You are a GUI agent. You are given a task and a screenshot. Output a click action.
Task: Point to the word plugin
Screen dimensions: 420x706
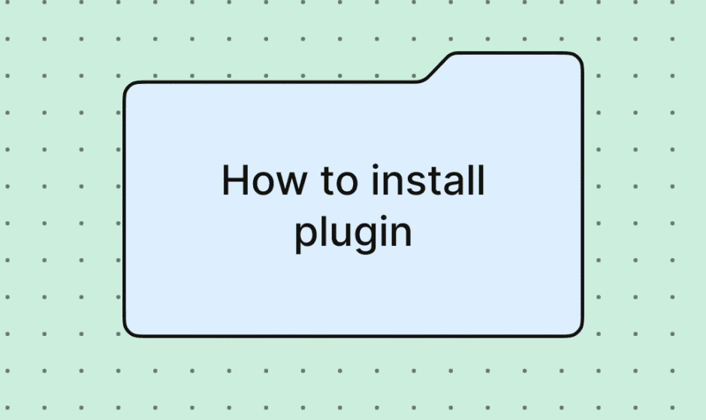coord(353,233)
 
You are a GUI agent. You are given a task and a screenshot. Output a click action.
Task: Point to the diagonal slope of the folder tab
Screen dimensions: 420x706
coord(436,69)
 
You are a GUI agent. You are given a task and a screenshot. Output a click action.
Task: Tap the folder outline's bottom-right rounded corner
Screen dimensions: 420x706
coord(577,331)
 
